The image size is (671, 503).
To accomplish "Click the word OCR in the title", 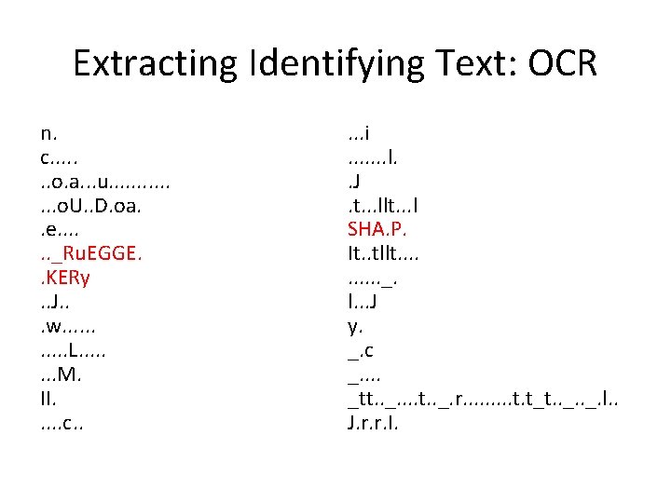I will click(562, 63).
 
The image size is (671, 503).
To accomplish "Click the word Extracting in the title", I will click(155, 63).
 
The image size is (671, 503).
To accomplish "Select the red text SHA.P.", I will click(377, 229).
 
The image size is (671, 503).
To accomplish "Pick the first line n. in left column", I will click(48, 133).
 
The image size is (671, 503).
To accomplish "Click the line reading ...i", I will click(359, 133).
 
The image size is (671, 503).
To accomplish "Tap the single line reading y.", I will click(354, 326).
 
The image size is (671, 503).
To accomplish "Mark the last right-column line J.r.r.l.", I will click(374, 423).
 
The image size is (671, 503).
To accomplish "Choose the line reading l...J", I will click(362, 302).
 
